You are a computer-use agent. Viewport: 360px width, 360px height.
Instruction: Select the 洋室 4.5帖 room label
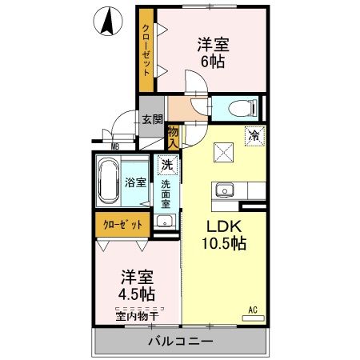[137, 285]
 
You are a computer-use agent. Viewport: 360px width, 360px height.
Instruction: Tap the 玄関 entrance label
[151, 119]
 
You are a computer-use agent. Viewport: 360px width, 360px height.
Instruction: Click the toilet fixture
[242, 106]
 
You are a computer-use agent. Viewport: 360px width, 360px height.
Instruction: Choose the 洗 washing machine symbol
[166, 165]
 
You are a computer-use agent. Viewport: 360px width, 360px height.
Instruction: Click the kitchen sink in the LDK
[222, 190]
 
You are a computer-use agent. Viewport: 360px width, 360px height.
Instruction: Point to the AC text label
[252, 309]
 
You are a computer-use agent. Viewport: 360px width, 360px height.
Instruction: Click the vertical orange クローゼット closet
[146, 50]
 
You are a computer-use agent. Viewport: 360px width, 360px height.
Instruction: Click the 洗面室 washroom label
[166, 194]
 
